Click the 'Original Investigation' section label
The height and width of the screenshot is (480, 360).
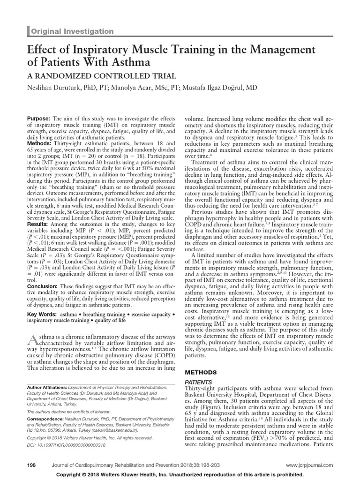[x=73, y=31]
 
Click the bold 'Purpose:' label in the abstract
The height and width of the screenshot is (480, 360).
[x=40, y=120]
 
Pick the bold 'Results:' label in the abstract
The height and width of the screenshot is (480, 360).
[x=39, y=225]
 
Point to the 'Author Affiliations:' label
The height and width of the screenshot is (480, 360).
[x=46, y=388]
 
